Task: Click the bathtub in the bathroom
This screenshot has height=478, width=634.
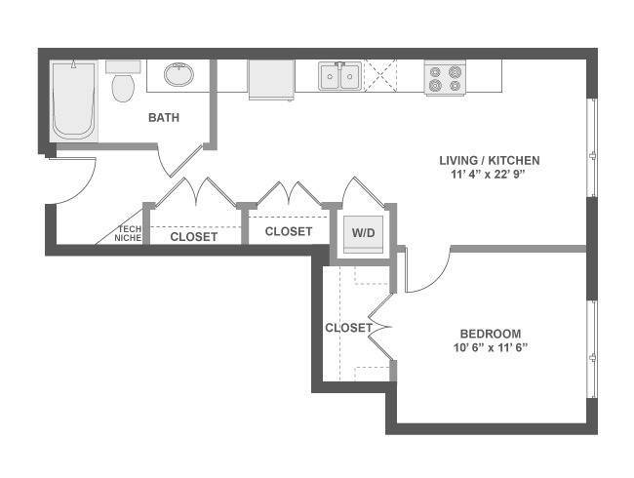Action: coord(73,100)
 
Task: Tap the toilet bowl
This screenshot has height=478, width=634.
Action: coord(123,88)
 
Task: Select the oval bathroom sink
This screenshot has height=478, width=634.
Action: coord(178,75)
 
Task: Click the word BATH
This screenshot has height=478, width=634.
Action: coord(164,118)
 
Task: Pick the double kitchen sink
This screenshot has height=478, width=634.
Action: coord(339,76)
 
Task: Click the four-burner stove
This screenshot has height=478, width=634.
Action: coord(445,78)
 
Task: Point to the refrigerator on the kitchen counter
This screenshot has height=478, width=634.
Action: coord(271,80)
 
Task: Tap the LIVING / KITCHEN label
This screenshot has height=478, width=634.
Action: coord(490,161)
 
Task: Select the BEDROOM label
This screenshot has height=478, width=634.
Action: coord(491,334)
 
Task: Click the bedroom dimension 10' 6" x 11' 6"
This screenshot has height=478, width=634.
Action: coord(491,347)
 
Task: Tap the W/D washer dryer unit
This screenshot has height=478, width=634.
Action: coord(363,234)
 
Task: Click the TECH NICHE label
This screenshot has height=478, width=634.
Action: coord(129,234)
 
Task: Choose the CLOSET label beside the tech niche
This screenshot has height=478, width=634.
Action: coord(194,237)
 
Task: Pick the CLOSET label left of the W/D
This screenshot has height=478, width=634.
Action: coord(289,231)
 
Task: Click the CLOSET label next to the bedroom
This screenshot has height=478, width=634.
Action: coord(348,328)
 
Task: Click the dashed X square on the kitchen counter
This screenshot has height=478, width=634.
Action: coord(380,76)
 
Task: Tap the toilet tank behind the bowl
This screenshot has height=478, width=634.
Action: coord(123,66)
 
